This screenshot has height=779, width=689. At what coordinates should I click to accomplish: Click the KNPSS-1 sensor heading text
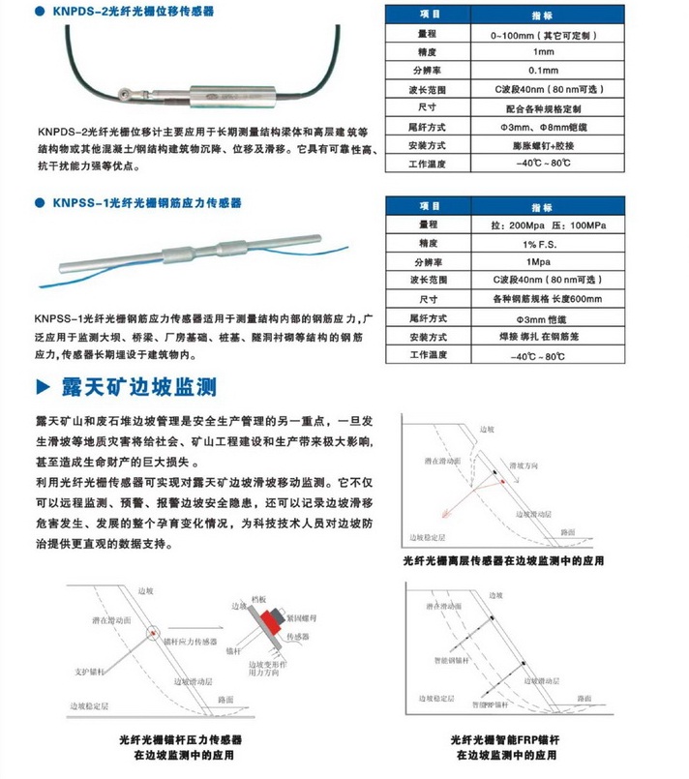146,203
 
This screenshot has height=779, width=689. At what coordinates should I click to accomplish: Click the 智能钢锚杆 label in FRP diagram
464,656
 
